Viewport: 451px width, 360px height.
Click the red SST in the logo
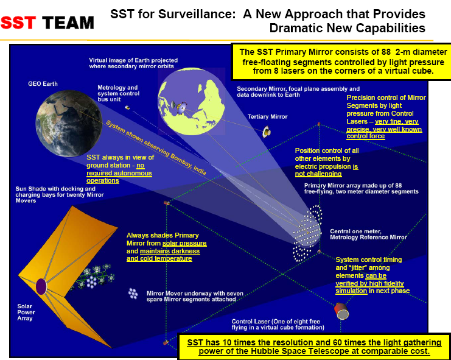coord(19,23)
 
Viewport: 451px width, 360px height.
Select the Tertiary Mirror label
coord(267,116)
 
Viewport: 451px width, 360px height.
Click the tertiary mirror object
coord(267,131)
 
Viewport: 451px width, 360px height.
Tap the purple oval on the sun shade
coord(41,286)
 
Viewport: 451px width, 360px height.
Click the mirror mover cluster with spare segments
coord(133,294)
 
